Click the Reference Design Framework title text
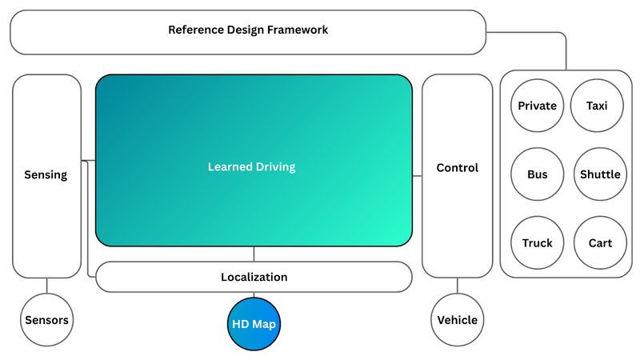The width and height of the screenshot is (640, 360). pyautogui.click(x=248, y=30)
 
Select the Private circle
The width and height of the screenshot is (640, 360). pyautogui.click(x=537, y=106)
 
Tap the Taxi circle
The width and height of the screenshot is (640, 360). pyautogui.click(x=597, y=106)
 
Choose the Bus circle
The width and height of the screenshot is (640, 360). pyautogui.click(x=537, y=174)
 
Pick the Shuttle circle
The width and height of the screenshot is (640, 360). pyautogui.click(x=599, y=174)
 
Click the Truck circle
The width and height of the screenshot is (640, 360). pyautogui.click(x=537, y=242)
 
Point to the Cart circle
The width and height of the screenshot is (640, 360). pyautogui.click(x=599, y=242)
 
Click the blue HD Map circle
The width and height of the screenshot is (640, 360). pyautogui.click(x=254, y=323)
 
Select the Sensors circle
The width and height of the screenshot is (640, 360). pyautogui.click(x=46, y=320)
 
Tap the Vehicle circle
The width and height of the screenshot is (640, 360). pyautogui.click(x=457, y=320)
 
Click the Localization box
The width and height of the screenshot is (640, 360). pyautogui.click(x=254, y=277)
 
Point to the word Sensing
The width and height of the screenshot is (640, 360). pyautogui.click(x=46, y=175)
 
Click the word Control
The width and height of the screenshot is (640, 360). pyautogui.click(x=457, y=168)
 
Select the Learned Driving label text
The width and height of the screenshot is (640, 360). pyautogui.click(x=251, y=167)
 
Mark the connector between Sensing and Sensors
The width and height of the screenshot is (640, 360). pyautogui.click(x=46, y=285)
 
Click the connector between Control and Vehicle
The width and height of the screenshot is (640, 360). pyautogui.click(x=457, y=285)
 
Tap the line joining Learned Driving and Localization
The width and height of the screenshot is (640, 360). pyautogui.click(x=254, y=254)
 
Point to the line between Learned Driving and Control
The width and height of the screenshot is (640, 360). pyautogui.click(x=417, y=175)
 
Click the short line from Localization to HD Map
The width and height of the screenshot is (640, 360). pyautogui.click(x=254, y=294)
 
